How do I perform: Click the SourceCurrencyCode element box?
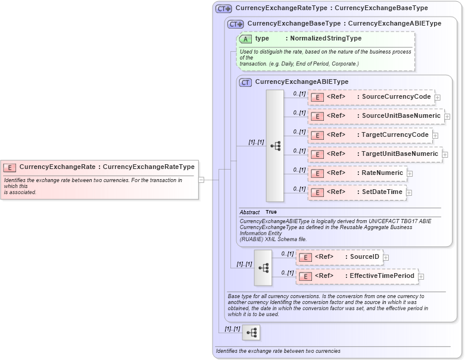coord(371,97)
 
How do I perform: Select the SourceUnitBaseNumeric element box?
coord(376,116)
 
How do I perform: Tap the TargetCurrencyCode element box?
coord(370,135)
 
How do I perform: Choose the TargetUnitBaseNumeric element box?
coord(375,154)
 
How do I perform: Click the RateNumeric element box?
coord(357,173)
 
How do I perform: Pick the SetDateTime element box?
coord(357,192)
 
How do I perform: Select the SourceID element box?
coord(339,257)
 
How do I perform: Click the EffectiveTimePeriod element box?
coord(356,276)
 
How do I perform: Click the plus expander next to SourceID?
coord(386,258)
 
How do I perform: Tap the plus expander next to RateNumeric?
coord(410,174)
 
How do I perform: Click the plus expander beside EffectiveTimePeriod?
coord(421,277)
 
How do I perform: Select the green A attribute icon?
coord(245,39)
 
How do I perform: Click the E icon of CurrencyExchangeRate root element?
coord(10,167)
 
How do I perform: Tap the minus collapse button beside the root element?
coord(201,179)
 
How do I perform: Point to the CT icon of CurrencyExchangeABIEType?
coord(245,82)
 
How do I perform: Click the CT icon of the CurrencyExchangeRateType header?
coord(224,8)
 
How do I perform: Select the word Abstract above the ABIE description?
coord(249,212)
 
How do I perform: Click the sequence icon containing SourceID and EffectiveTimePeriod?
coord(263,267)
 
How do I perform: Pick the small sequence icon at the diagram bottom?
coord(251,333)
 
